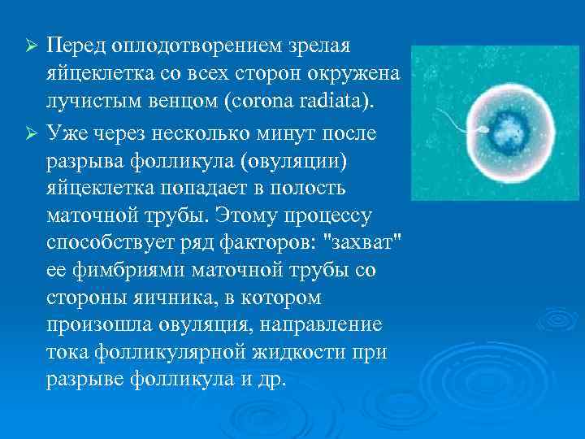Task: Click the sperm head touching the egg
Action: coord(463,128)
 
